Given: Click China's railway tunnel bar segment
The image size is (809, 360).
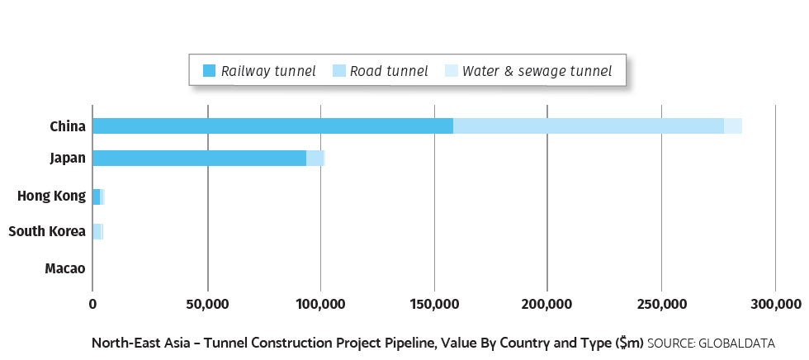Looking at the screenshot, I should pyautogui.click(x=272, y=126).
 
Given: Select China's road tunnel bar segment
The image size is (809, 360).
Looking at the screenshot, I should pyautogui.click(x=589, y=126).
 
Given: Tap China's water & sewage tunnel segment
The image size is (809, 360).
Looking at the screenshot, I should pyautogui.click(x=733, y=126).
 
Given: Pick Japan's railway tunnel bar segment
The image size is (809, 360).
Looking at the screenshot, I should pyautogui.click(x=199, y=158).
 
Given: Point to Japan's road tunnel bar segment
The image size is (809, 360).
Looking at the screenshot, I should pyautogui.click(x=315, y=158).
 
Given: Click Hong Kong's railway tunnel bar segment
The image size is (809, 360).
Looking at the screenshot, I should pyautogui.click(x=96, y=197).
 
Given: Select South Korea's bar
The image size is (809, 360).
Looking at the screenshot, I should pyautogui.click(x=97, y=231).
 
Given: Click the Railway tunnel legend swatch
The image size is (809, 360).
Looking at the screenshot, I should pyautogui.click(x=207, y=71).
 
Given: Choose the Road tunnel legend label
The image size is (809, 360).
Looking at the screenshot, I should pyautogui.click(x=389, y=71).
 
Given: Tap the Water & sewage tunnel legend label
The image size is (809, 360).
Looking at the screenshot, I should pyautogui.click(x=537, y=71).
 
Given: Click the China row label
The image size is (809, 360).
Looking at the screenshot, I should pyautogui.click(x=68, y=126).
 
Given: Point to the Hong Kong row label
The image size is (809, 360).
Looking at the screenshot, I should pyautogui.click(x=51, y=197).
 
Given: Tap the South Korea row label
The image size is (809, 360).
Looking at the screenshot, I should pyautogui.click(x=47, y=231).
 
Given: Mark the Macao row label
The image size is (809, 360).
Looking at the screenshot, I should pyautogui.click(x=65, y=268).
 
